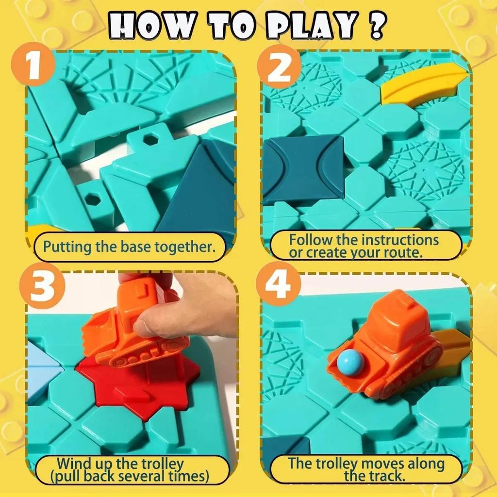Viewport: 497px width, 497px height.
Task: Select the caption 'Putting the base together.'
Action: [x=129, y=247]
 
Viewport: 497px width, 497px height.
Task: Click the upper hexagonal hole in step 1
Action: [x=152, y=140]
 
